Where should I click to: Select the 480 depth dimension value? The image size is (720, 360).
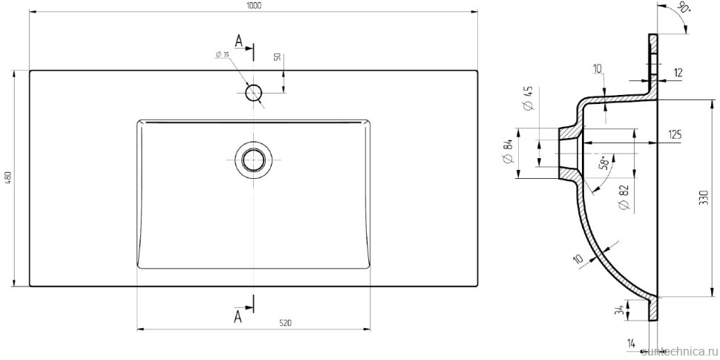click(8, 179)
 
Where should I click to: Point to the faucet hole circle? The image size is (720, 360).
click(254, 93)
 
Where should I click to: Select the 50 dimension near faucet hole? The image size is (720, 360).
click(277, 58)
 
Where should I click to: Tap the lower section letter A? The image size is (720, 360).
click(238, 316)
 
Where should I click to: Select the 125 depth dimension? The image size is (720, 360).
click(674, 134)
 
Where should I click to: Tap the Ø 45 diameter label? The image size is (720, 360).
click(528, 99)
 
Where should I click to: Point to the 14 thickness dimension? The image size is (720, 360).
click(630, 343)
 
